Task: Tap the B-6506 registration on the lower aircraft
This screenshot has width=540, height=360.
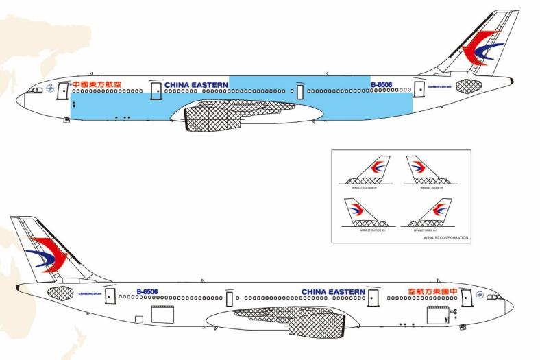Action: pos(147,291)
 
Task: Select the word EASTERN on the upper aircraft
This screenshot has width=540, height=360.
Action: pos(209,86)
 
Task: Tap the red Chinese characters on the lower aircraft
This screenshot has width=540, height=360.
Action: pos(425,291)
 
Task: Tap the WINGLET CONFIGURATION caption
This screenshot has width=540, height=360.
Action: pos(446,237)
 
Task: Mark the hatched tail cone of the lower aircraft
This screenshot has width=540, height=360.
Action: pos(60,294)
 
